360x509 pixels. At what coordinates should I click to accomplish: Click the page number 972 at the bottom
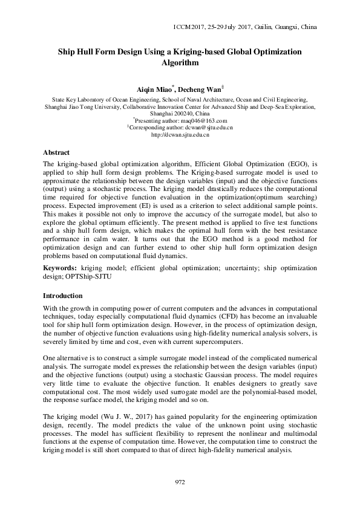[180, 482]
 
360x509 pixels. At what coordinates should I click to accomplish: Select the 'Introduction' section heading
[62, 296]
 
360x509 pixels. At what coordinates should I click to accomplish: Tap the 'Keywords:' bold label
[61, 267]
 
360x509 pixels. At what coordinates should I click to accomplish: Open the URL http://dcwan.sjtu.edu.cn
[180, 135]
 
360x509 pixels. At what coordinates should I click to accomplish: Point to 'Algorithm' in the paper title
[180, 62]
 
